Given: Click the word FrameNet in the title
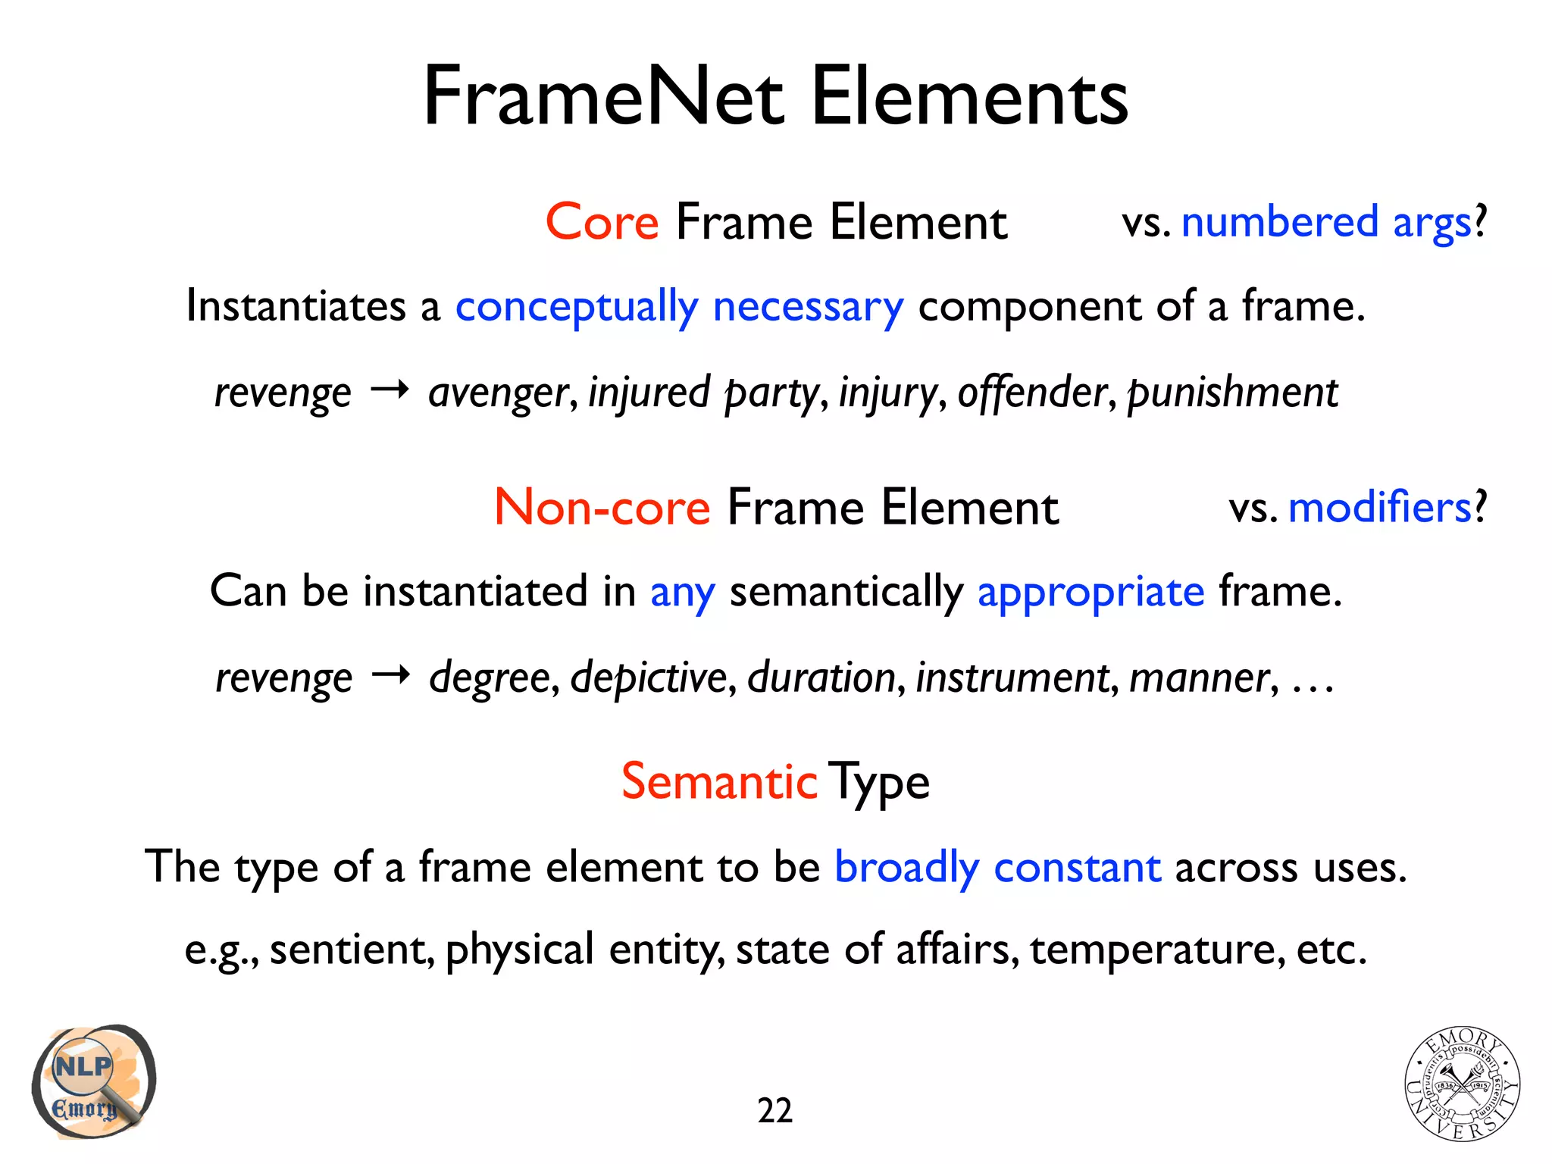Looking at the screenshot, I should point(603,97).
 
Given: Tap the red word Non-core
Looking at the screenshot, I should point(602,507).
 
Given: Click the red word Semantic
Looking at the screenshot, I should point(719,781).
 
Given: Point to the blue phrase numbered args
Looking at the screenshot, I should point(1326,223).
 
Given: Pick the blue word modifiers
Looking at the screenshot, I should point(1379,507).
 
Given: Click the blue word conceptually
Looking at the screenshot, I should point(576,307).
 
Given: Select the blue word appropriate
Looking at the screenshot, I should point(1090,592).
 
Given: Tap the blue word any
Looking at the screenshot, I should point(682,592).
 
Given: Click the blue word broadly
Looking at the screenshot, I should point(906,867).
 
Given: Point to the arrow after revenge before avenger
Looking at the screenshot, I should point(390,390).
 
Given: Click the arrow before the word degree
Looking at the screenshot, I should point(390,674).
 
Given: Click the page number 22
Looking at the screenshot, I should point(774,1111).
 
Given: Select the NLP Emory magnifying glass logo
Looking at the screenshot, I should point(93,1081).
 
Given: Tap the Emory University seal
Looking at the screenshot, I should point(1462,1084).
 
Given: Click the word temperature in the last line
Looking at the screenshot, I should point(1157,949).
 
